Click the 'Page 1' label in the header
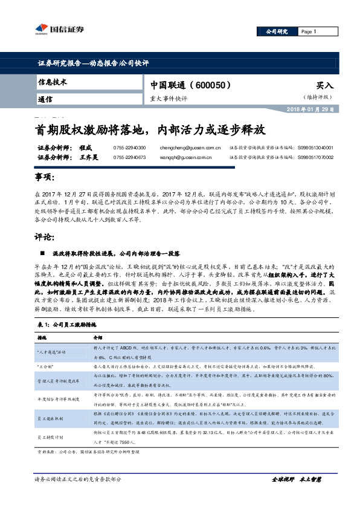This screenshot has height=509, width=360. pyautogui.click(x=308, y=31)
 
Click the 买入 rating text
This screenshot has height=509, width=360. pyautogui.click(x=325, y=86)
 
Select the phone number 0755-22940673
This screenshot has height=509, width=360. pyautogui.click(x=129, y=157)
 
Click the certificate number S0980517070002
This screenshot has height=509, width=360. pyautogui.click(x=324, y=157)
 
